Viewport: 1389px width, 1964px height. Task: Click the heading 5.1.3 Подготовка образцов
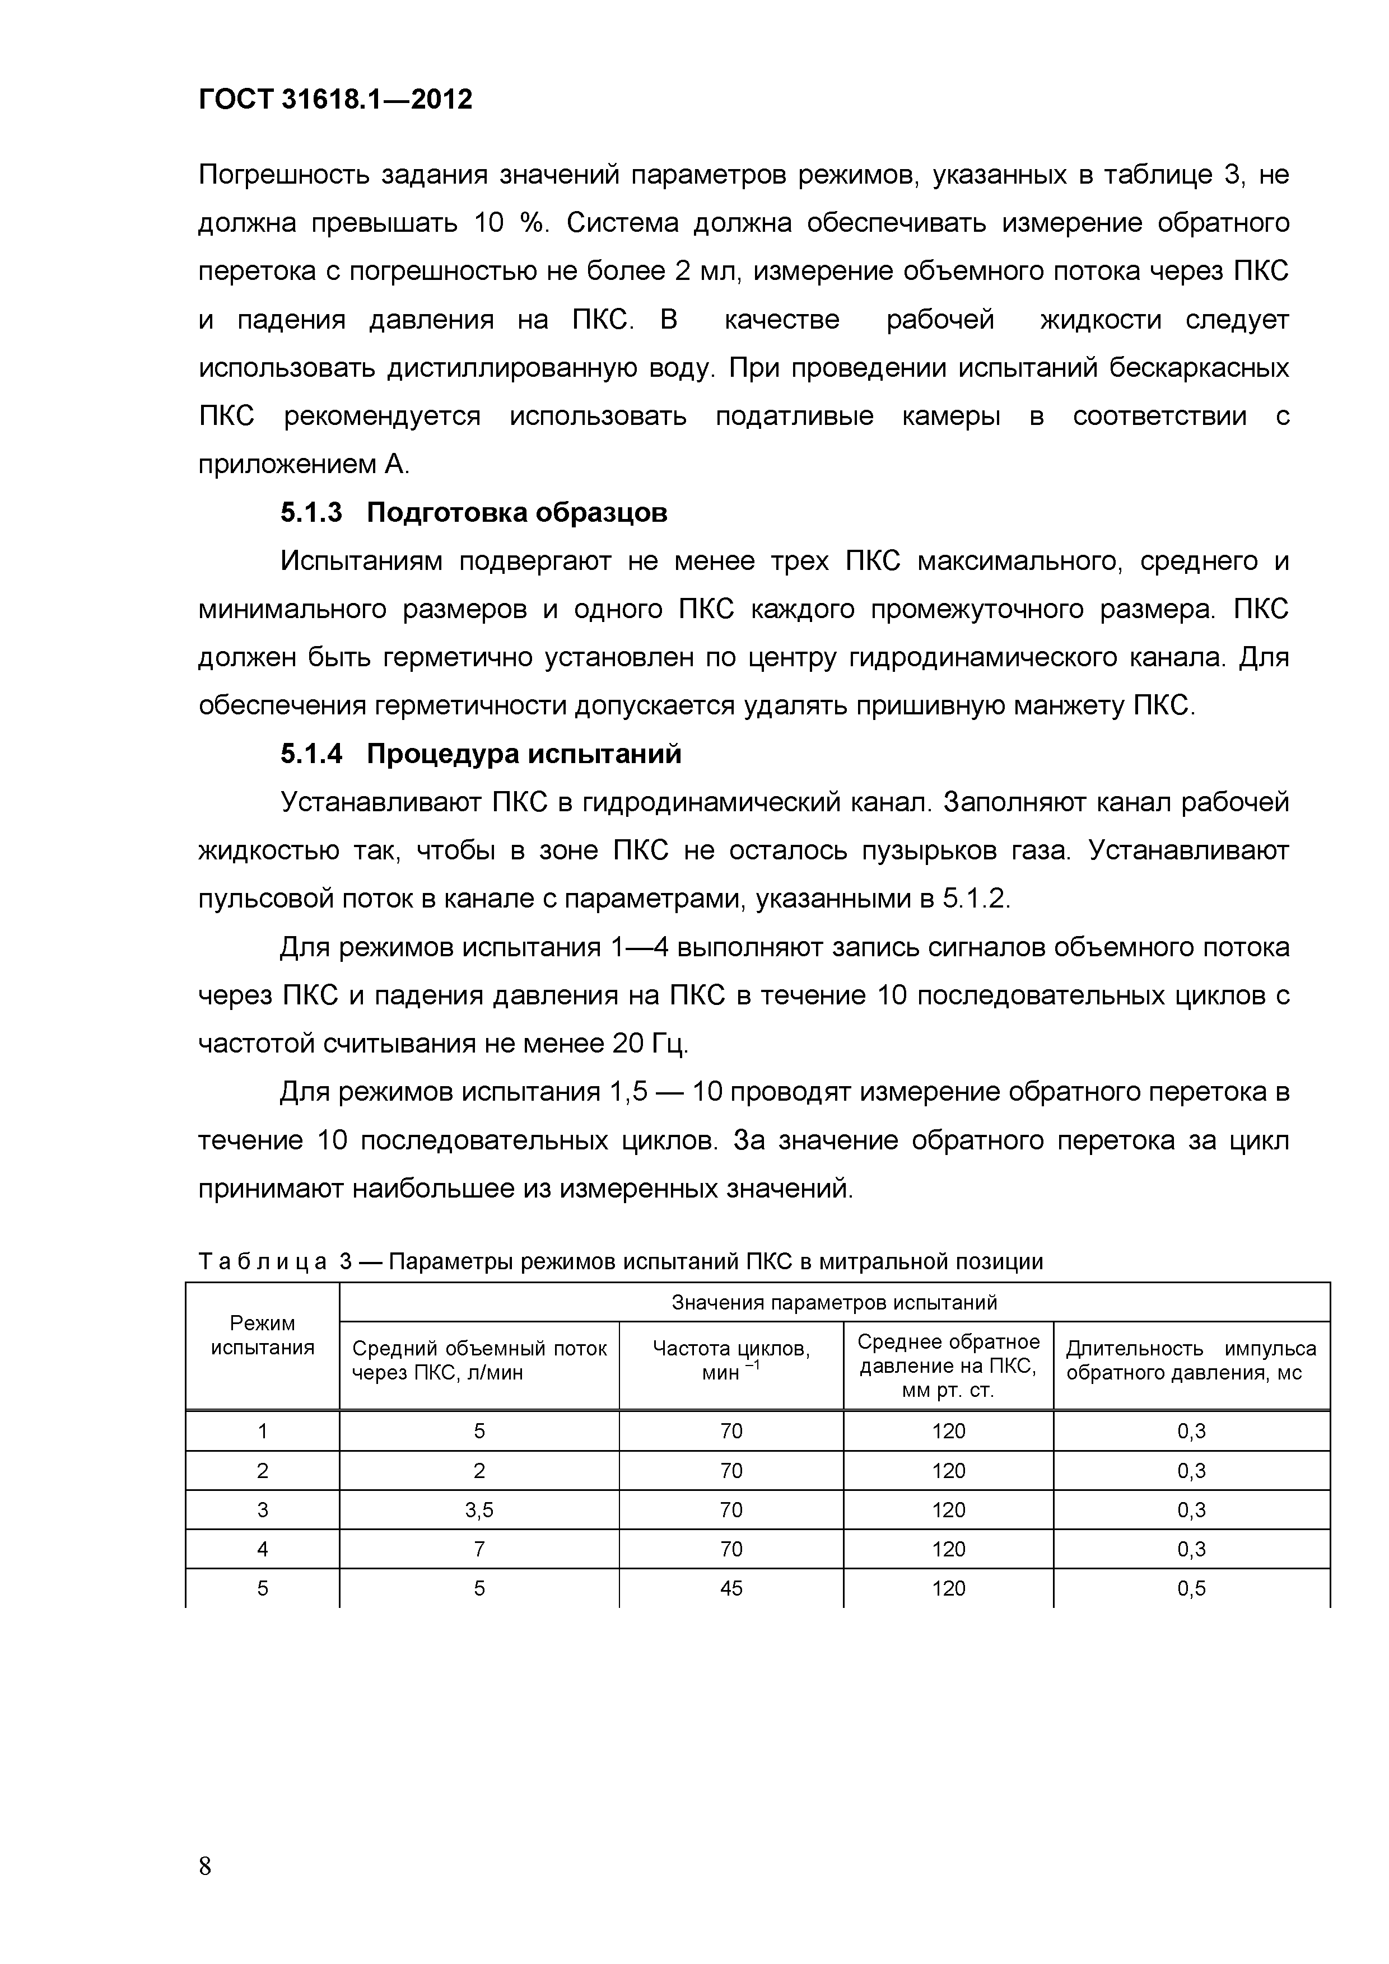[473, 513]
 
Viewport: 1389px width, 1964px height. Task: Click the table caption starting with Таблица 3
[621, 1262]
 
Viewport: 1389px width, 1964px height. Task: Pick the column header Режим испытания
[262, 1335]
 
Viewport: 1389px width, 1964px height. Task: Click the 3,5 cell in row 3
[479, 1511]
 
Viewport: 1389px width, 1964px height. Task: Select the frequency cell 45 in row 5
[731, 1588]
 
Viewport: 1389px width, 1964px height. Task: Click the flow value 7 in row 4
[479, 1549]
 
